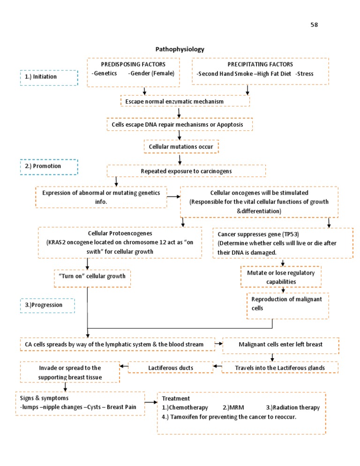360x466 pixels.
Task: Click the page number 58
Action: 315,24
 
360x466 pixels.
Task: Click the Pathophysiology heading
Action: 180,49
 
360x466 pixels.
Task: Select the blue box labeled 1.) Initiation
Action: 49,77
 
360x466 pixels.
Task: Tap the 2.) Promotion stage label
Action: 49,166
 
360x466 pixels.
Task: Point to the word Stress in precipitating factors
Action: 305,74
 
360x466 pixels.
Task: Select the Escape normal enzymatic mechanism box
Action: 185,101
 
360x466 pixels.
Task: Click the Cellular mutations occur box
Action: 181,147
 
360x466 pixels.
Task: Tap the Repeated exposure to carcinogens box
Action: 186,171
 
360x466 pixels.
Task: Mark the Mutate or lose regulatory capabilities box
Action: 281,277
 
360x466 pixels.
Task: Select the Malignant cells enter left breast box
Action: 280,345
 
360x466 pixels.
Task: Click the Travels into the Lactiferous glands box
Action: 280,368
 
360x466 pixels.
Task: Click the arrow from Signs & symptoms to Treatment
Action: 150,402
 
